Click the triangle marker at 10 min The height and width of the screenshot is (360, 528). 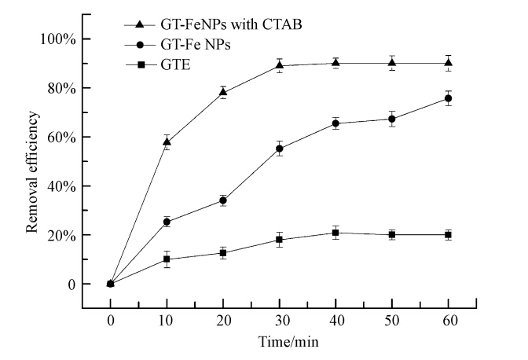(167, 141)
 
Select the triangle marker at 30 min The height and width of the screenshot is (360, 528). (279, 66)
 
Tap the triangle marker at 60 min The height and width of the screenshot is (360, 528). (448, 63)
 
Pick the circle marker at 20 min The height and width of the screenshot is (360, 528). (223, 200)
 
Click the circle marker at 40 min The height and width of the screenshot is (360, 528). (335, 123)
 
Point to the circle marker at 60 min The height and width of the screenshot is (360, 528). (448, 98)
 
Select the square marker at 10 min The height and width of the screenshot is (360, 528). (167, 259)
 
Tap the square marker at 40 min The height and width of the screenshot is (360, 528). (335, 233)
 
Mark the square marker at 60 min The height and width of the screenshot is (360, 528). (448, 235)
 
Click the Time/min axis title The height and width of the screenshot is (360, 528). (280, 342)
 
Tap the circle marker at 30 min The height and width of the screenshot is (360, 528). (279, 149)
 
